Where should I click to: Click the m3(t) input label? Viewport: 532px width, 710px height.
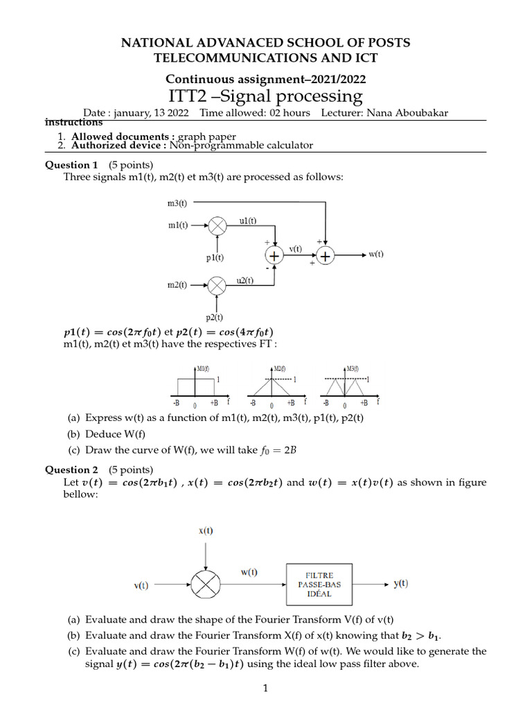pos(177,203)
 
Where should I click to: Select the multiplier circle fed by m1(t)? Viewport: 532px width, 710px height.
pos(218,225)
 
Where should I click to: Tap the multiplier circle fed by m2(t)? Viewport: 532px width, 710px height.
pos(218,285)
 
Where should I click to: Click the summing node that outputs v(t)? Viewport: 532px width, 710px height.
pos(275,256)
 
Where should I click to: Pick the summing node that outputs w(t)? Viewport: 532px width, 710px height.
pos(326,256)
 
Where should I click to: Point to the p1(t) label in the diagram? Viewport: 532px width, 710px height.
pos(215,258)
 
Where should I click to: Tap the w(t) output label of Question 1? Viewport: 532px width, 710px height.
pos(375,254)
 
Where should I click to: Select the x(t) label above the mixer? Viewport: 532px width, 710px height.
pos(206,531)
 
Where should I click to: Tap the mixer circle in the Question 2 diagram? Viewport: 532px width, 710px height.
pos(206,586)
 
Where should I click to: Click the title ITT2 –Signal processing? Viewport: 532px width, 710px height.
pos(266,96)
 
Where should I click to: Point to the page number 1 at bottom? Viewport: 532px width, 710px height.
pos(265,688)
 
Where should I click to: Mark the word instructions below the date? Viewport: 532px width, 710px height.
pos(73,123)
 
